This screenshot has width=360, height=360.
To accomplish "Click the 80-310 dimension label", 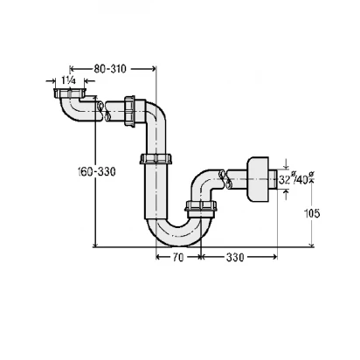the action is tap(110, 69).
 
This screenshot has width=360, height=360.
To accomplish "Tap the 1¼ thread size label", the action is tap(69, 80).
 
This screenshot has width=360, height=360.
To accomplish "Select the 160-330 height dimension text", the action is tap(97, 171).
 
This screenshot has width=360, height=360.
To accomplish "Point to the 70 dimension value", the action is tap(178, 258).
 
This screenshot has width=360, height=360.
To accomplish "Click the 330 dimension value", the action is tap(235, 258).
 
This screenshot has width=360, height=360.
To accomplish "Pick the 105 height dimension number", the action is tap(312, 213).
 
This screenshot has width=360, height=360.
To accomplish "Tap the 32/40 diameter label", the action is tap(296, 179).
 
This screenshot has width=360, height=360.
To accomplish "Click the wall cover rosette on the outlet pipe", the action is tap(258, 179).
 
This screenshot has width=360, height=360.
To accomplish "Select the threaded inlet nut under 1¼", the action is tap(69, 93).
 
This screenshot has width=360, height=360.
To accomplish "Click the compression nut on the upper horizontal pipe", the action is tap(129, 111).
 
